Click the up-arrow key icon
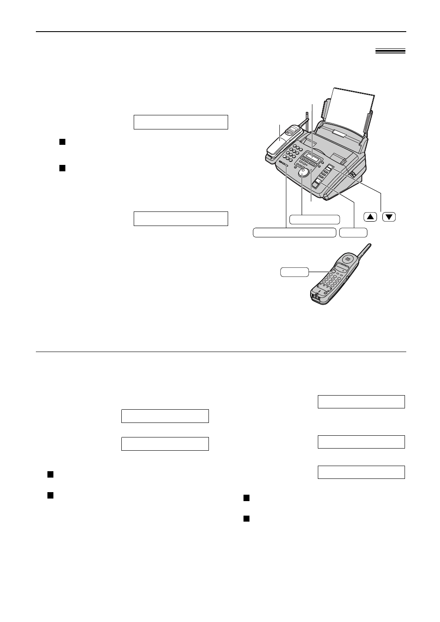coord(370,217)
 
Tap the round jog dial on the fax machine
coord(303,173)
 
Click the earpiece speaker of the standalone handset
coord(348,259)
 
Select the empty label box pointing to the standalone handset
coord(294,272)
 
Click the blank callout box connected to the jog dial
coord(314,220)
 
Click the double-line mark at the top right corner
coord(390,51)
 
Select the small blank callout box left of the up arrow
coord(353,232)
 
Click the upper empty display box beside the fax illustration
coord(181,122)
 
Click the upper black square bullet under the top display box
coord(62,142)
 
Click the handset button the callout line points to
coord(331,271)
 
